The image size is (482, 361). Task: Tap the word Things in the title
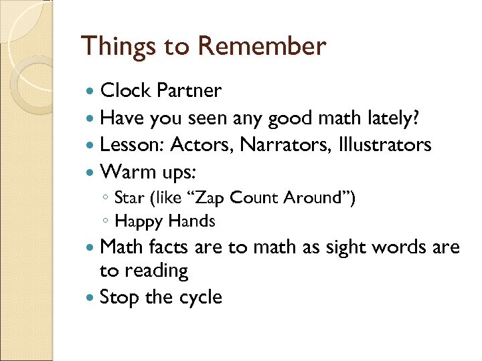pos(118,46)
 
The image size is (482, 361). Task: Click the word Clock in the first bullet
pos(126,90)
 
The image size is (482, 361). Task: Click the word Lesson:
pos(132,144)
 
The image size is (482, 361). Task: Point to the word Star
pos(127,197)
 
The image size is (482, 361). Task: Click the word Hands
pos(191,221)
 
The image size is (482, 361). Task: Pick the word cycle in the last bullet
pos(199,297)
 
